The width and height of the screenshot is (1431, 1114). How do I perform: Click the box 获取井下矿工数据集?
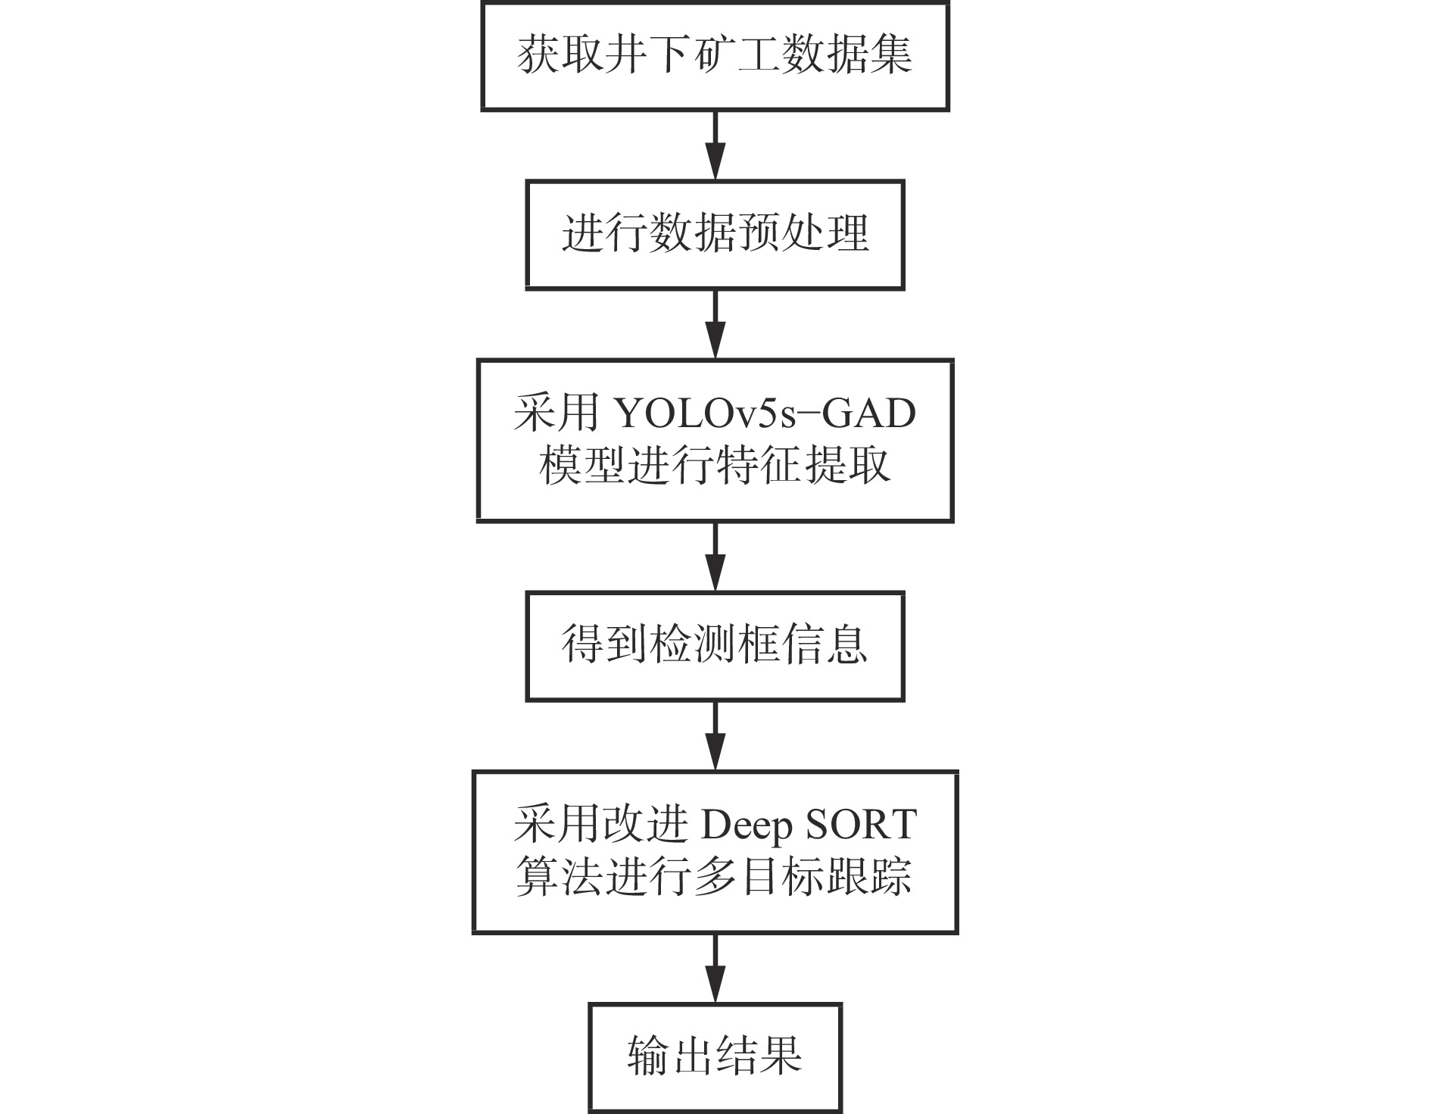coord(715,56)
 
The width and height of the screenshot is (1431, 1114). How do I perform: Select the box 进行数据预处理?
coord(715,234)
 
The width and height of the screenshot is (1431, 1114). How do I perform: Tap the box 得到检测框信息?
coord(715,646)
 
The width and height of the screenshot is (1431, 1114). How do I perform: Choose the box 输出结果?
coord(715,1056)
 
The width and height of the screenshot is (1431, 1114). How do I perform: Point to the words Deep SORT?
coord(809,825)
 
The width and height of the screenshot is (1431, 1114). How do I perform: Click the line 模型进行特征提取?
coord(715,466)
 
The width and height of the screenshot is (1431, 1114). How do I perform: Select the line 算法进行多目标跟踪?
coord(715,877)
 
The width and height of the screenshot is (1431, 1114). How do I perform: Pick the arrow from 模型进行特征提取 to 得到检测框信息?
coord(715,557)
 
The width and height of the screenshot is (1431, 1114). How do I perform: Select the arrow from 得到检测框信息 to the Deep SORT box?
coord(715,736)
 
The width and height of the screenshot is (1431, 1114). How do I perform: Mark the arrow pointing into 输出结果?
coord(715,969)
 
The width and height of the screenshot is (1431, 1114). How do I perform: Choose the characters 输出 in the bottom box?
coord(671,1056)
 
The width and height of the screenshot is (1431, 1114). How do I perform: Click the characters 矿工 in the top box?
coord(736,56)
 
